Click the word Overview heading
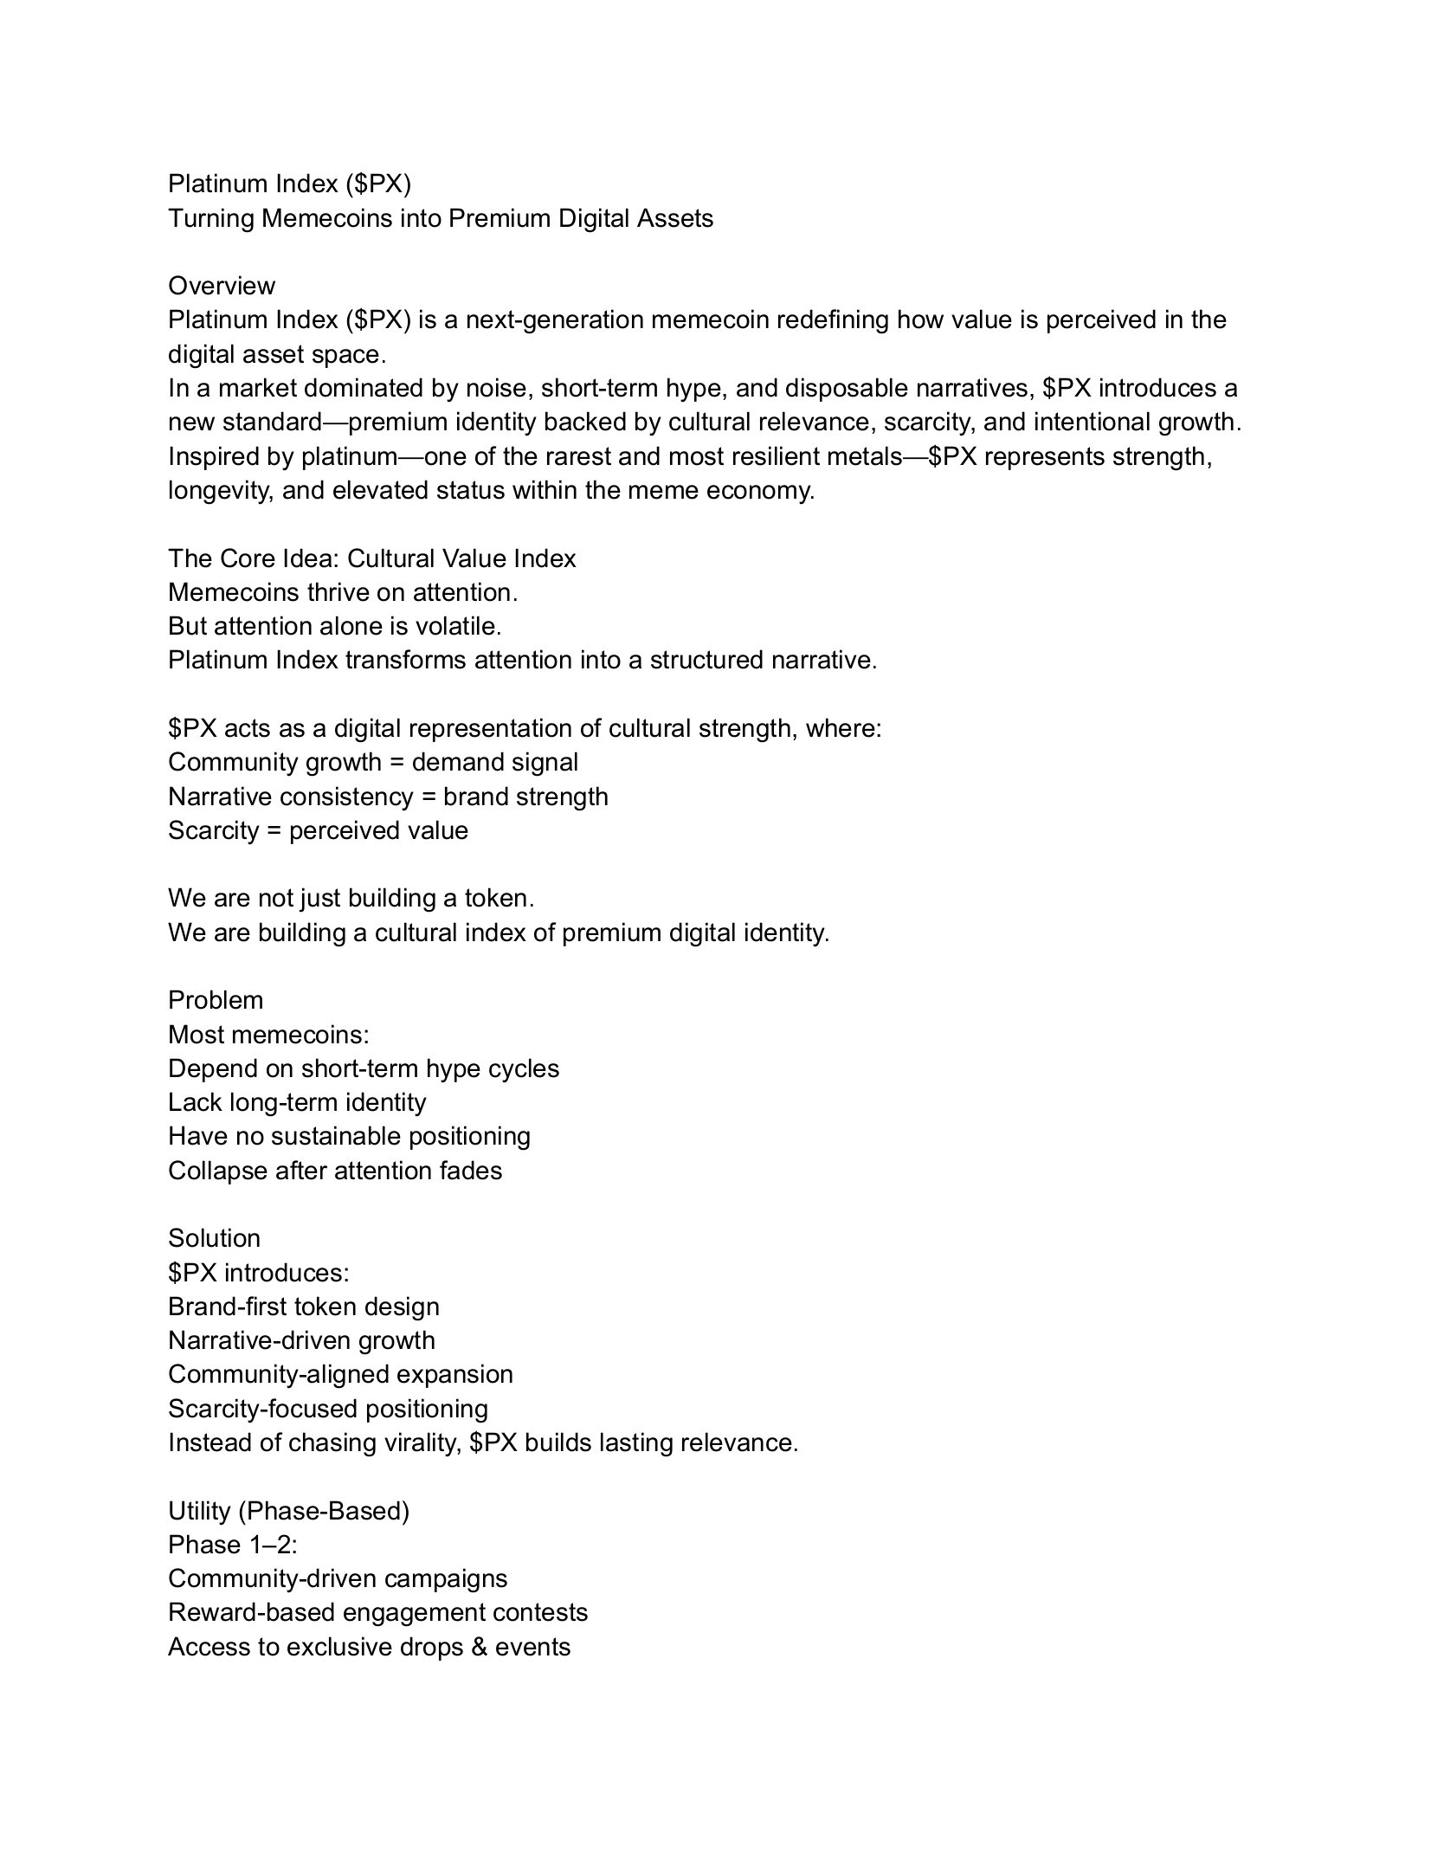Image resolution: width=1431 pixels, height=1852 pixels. pyautogui.click(x=221, y=286)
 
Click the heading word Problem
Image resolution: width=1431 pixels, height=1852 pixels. pyautogui.click(x=216, y=1000)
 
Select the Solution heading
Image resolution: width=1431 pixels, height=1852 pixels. pyautogui.click(x=214, y=1238)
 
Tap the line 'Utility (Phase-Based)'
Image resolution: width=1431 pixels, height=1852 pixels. pyautogui.click(x=288, y=1511)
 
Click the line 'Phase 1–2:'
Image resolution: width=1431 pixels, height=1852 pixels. pyautogui.click(x=232, y=1545)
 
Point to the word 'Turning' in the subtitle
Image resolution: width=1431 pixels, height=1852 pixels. pyautogui.click(x=211, y=218)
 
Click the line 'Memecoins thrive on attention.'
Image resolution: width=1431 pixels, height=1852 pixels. pyautogui.click(x=343, y=592)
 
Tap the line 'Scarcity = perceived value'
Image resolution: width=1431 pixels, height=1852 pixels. pyautogui.click(x=318, y=830)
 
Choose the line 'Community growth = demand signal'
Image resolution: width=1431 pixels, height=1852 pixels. pyautogui.click(x=373, y=762)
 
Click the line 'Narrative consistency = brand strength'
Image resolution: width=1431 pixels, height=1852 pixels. pyautogui.click(x=388, y=797)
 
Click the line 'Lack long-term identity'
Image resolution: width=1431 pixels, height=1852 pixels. pyautogui.click(x=297, y=1102)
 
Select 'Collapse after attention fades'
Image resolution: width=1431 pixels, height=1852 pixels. pyautogui.click(x=335, y=1171)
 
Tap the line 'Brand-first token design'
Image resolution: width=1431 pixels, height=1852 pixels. pyautogui.click(x=304, y=1307)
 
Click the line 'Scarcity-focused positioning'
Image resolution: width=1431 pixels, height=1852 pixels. pyautogui.click(x=328, y=1409)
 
